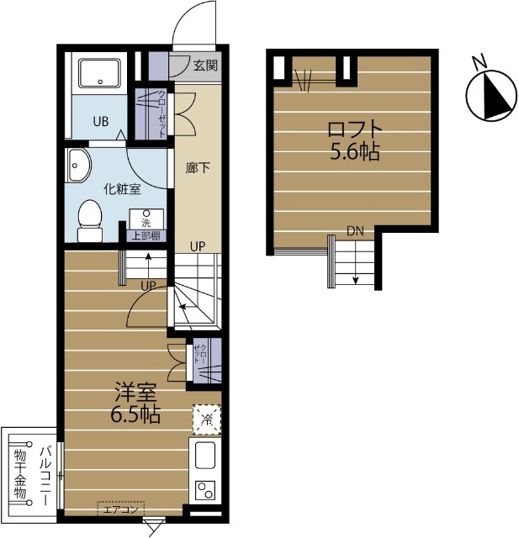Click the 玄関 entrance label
coord(205,66)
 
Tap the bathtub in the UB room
coord(99,73)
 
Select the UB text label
coord(101,121)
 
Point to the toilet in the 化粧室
coord(90,220)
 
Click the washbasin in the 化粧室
coord(78,166)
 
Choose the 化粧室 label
coord(123,189)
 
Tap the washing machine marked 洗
coord(146,219)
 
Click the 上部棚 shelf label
coord(146,236)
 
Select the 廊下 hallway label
coord(198,168)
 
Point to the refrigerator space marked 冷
coord(207,419)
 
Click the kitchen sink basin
coord(205,456)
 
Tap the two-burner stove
coord(205,490)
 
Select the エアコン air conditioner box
coord(121,509)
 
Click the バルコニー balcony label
coord(45,476)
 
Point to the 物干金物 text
coord(20,473)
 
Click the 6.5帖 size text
coord(135,415)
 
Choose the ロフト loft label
coord(355,129)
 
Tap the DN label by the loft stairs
coord(355,231)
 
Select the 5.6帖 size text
coord(355,151)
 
